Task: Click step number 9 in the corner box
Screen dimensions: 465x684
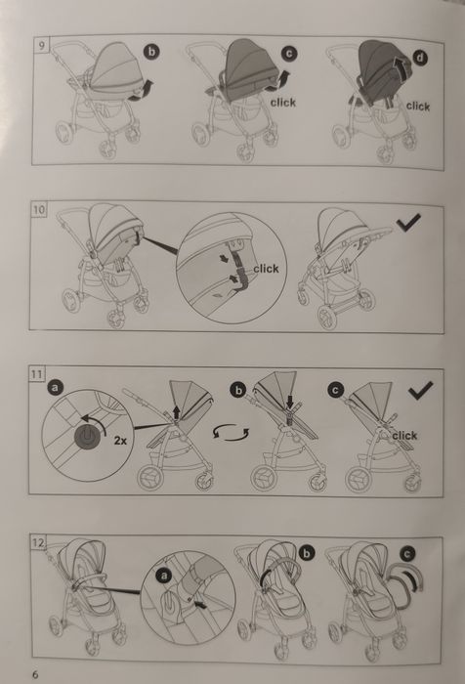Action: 41,45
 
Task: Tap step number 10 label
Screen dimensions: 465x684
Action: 39,210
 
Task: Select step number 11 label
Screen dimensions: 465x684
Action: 37,374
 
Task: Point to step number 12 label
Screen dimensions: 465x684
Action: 38,543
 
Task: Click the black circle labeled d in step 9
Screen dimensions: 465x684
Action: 420,58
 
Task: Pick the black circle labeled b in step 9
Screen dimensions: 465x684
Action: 151,52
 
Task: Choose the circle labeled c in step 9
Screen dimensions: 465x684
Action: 289,53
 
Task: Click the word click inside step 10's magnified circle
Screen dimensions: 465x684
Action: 266,269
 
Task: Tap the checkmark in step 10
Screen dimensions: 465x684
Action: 408,223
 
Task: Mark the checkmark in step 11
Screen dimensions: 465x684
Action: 421,390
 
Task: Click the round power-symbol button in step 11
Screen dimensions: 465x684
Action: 87,436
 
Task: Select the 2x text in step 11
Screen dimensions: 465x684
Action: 120,441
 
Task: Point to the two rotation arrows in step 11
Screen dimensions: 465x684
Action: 232,432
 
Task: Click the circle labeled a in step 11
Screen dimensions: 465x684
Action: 56,387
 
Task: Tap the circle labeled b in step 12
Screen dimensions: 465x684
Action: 307,553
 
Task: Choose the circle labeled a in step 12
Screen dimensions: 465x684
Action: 164,576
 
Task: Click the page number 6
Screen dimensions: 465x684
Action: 35,674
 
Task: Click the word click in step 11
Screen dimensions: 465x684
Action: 404,436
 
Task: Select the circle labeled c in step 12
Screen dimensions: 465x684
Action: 407,554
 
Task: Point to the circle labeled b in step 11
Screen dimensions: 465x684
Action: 238,390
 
